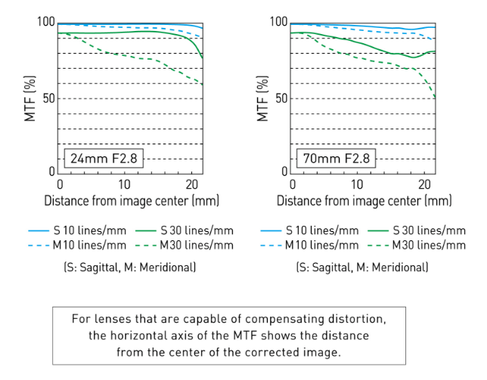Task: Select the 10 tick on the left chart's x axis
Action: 124,184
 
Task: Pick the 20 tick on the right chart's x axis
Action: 422,184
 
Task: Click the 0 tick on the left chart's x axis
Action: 59,184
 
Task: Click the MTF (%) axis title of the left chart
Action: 29,98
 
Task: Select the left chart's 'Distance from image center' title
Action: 132,201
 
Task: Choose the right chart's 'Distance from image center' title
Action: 364,201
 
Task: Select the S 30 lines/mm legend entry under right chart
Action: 426,230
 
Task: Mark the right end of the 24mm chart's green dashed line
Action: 203,85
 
